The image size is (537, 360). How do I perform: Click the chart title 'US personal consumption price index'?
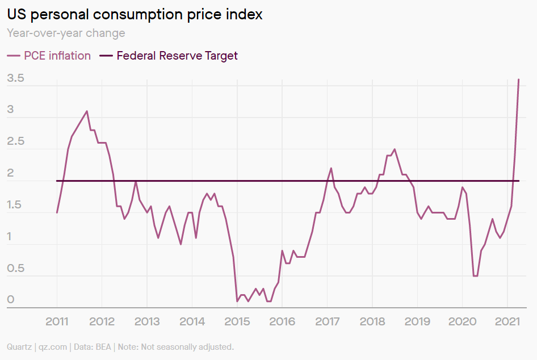135,14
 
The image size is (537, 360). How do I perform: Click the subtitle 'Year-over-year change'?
66,33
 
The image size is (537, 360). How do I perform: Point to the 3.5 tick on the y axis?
15,78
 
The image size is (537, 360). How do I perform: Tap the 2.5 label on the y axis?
15,141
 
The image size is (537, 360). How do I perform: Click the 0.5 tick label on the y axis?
15,269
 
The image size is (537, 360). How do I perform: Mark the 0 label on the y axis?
10,300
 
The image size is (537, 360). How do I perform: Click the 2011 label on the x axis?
57,322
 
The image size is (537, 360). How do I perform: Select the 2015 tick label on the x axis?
237,322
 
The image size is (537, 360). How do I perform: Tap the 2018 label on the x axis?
372,322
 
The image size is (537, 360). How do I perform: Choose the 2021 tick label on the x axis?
507,322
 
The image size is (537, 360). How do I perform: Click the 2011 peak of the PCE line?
87,111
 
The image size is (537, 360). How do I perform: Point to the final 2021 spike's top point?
518,79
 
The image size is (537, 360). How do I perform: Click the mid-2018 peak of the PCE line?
395,149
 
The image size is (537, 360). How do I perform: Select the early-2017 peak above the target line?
331,168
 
